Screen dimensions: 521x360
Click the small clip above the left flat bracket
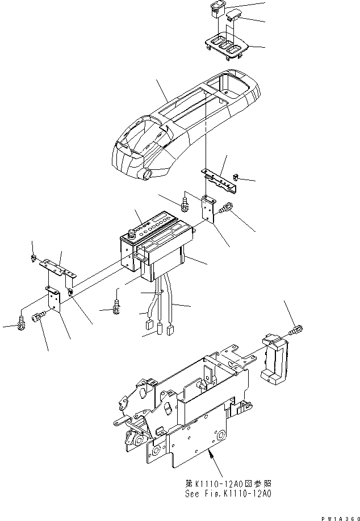coord(35,259)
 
